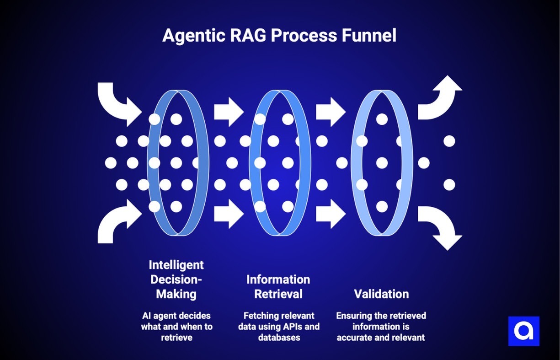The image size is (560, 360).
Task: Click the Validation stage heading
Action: click(381, 294)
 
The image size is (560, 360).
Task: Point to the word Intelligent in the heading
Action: click(176, 265)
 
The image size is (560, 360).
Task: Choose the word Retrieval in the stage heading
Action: click(278, 294)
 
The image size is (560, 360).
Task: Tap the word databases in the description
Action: click(279, 338)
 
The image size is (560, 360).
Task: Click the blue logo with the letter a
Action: click(524, 331)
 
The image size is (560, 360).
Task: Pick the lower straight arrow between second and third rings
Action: click(331, 214)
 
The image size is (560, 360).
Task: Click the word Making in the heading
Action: click(176, 294)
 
